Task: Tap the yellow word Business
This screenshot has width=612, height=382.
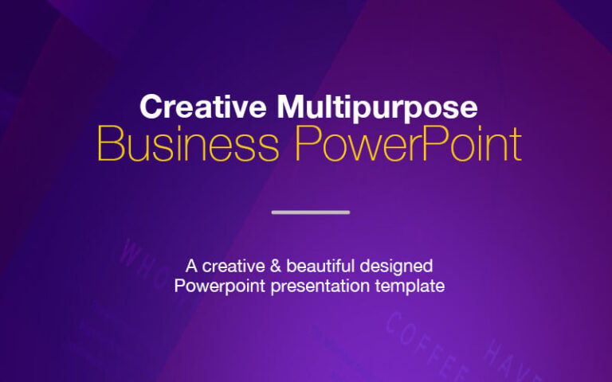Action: pyautogui.click(x=188, y=146)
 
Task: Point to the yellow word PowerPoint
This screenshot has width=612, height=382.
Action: pyautogui.click(x=408, y=146)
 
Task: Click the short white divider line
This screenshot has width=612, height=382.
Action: pyautogui.click(x=311, y=212)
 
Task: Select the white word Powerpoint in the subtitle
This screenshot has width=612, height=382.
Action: pyautogui.click(x=220, y=286)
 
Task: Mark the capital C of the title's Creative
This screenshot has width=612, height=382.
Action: pyautogui.click(x=149, y=107)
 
